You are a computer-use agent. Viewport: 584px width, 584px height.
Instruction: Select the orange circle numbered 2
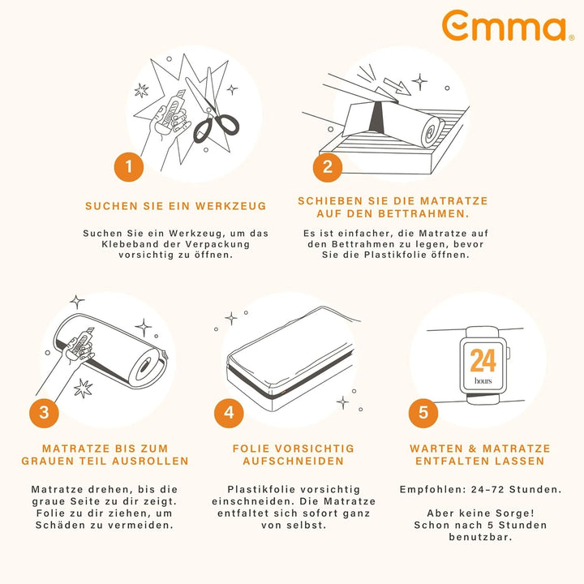[327, 167]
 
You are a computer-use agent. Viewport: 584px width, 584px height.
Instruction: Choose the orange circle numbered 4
[229, 412]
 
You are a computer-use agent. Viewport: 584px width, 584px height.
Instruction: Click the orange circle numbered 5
[423, 412]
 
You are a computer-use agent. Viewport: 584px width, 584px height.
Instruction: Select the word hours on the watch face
[483, 380]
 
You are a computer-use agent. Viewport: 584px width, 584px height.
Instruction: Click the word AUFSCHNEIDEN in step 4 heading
[294, 461]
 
